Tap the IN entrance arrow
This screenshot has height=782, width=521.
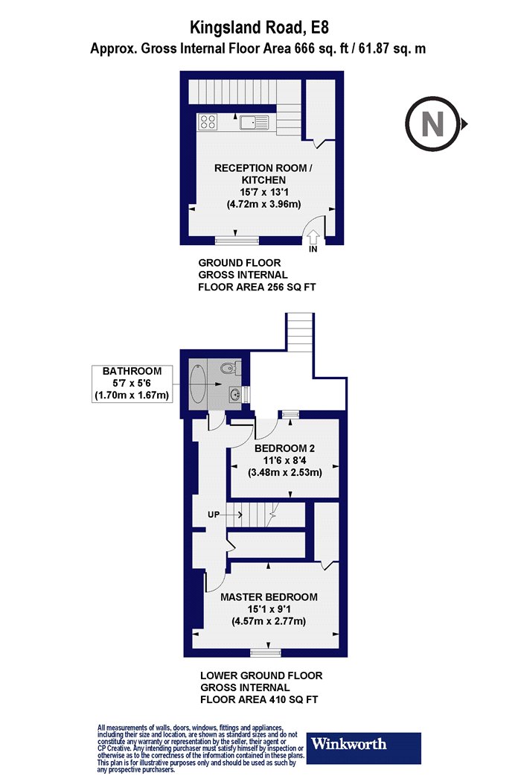pyautogui.click(x=313, y=237)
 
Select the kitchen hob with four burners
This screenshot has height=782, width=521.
pyautogui.click(x=208, y=122)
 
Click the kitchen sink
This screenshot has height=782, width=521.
pyautogui.click(x=253, y=122)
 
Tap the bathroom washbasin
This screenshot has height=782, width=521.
pyautogui.click(x=235, y=394)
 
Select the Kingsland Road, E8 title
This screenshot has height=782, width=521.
pyautogui.click(x=260, y=27)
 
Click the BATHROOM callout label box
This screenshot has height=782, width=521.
pyautogui.click(x=132, y=384)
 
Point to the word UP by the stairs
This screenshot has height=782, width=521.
pyautogui.click(x=214, y=515)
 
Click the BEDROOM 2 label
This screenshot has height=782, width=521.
pyautogui.click(x=284, y=448)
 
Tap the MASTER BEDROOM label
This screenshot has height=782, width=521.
pyautogui.click(x=269, y=597)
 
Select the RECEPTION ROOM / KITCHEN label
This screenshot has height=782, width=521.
pyautogui.click(x=263, y=174)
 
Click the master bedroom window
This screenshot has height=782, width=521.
pyautogui.click(x=266, y=652)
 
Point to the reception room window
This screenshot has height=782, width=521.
pyautogui.click(x=237, y=241)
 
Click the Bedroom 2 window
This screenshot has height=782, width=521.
pyautogui.click(x=291, y=414)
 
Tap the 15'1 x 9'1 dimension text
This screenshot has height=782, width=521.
pyautogui.click(x=269, y=609)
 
